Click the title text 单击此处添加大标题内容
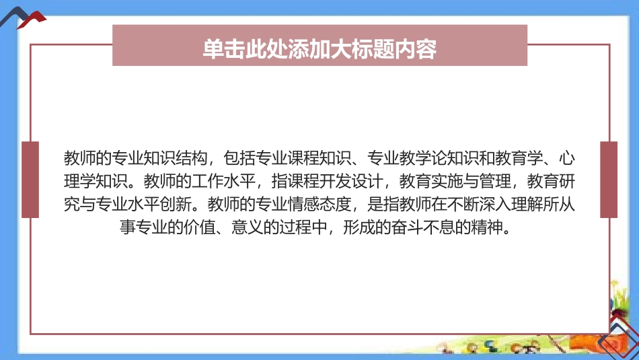319,49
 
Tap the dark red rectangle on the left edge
30,180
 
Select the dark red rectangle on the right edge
608,180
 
